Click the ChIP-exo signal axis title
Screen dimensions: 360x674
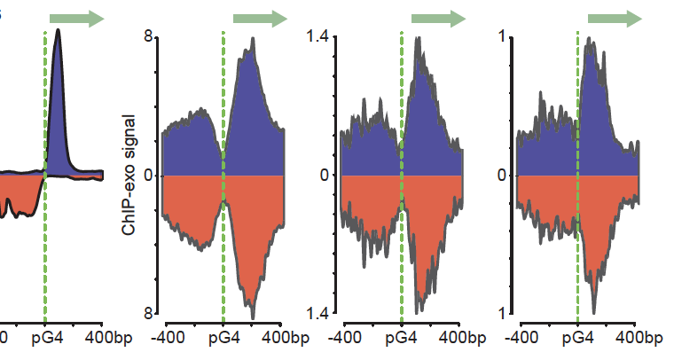(x=129, y=176)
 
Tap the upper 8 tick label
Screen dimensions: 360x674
(x=150, y=36)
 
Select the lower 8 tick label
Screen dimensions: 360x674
(x=150, y=314)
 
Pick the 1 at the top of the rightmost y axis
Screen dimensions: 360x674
(x=502, y=36)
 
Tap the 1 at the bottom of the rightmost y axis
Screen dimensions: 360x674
(x=502, y=314)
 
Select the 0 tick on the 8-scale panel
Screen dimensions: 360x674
(x=150, y=176)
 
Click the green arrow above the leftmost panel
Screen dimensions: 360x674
(x=77, y=18)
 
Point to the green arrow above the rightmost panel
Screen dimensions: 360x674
(x=615, y=18)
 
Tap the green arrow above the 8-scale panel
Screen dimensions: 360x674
(x=261, y=18)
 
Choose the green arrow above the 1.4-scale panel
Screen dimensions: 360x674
(x=438, y=18)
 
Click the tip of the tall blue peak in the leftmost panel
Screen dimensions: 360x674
(x=59, y=30)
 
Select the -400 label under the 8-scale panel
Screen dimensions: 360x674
(x=168, y=338)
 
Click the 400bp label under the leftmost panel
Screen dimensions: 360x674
(x=108, y=338)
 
